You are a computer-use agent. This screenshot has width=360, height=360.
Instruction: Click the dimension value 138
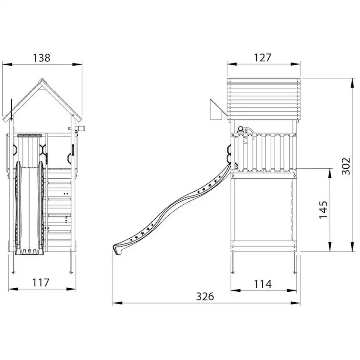click(x=42, y=58)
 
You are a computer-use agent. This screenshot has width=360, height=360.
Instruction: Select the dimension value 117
click(x=40, y=283)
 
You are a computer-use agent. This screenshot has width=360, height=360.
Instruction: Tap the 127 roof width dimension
click(x=263, y=58)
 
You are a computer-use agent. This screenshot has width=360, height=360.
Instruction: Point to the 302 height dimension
click(x=346, y=166)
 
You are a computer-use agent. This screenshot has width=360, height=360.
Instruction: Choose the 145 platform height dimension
click(x=323, y=210)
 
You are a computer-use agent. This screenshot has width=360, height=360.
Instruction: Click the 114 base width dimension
click(x=263, y=284)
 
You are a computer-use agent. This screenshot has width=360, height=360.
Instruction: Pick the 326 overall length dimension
click(x=205, y=297)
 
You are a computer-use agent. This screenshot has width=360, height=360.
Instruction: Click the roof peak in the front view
click(x=42, y=79)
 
